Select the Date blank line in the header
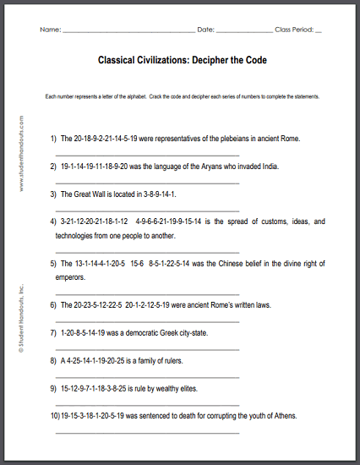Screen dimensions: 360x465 pyautogui.click(x=244, y=30)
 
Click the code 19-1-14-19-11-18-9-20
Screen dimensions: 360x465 pyautogui.click(x=95, y=167)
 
